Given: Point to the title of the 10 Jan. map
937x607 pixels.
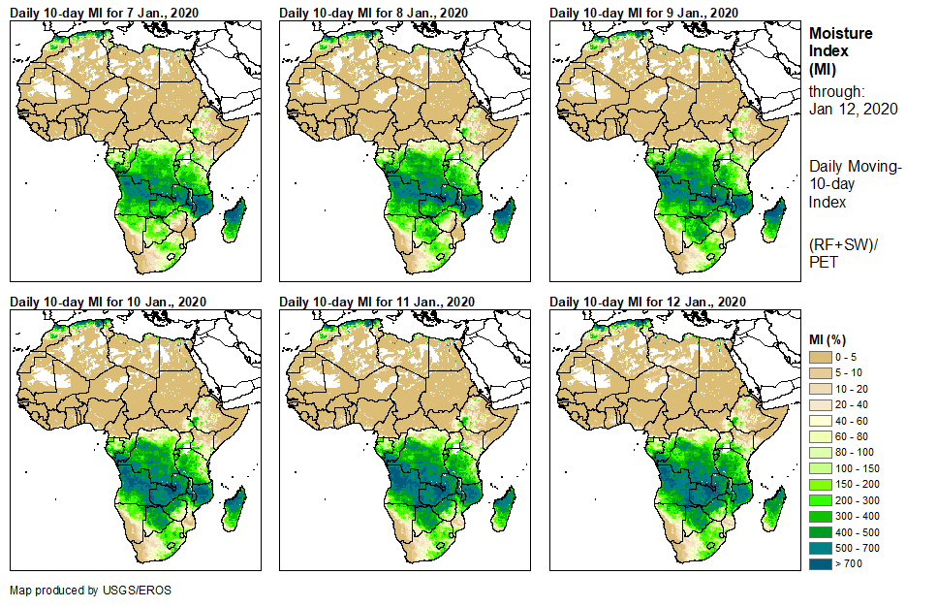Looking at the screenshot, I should coord(109,301).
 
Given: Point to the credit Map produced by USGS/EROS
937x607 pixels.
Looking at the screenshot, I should coord(90,590).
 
